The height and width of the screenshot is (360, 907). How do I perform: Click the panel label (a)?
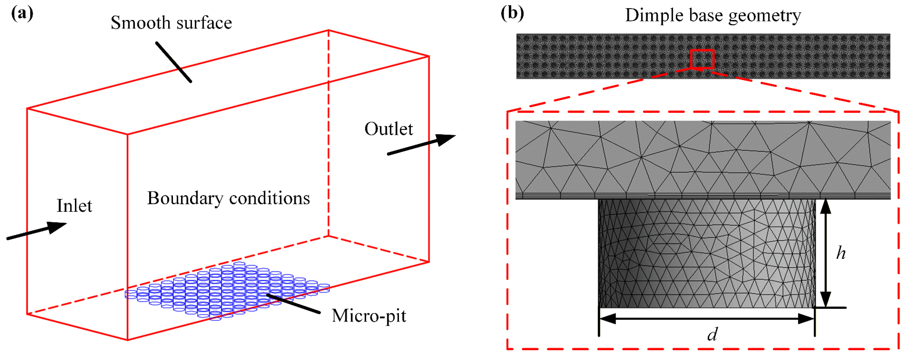[x=22, y=14]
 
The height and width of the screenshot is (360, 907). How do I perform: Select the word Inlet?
[x=74, y=206]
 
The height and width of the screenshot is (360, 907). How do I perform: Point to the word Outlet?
[x=388, y=129]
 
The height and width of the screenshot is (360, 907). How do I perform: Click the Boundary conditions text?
[x=228, y=198]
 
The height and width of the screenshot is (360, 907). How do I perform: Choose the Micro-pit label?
[x=369, y=316]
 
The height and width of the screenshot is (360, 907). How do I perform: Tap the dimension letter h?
[x=841, y=253]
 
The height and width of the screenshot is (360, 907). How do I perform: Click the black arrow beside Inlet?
[x=37, y=231]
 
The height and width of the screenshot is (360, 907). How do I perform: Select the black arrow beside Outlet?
[x=421, y=145]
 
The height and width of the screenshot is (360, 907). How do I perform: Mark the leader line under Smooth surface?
[x=174, y=62]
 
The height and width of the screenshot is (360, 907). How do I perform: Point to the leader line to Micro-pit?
[x=293, y=303]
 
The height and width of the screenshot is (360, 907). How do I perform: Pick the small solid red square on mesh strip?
[x=702, y=59]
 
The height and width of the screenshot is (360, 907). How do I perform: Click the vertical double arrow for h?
[x=826, y=253]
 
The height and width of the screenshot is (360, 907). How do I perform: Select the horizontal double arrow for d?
[x=707, y=319]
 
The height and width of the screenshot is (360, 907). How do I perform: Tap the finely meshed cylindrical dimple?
[x=707, y=253]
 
